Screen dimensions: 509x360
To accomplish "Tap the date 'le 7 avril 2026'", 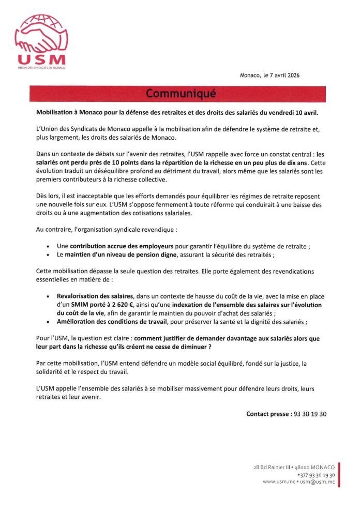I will pos(281,76).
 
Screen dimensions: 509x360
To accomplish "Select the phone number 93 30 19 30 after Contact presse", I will pos(310,414).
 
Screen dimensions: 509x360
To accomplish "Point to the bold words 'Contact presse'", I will pos(268,414).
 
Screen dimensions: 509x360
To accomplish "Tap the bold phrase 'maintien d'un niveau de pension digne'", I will pos(122,255).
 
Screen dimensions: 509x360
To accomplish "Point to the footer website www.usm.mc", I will pos(279,482).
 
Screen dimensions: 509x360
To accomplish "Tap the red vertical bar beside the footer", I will pos(339,474).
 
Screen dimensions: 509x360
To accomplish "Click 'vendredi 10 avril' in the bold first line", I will pos(294,112).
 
